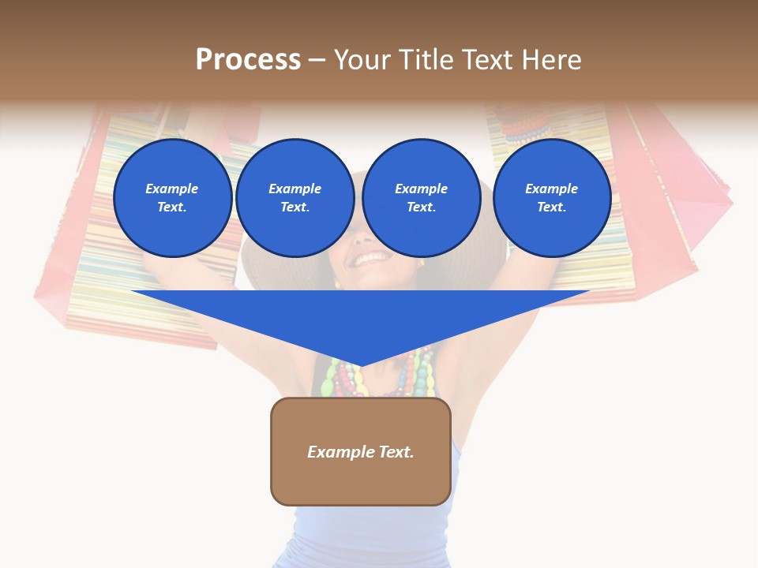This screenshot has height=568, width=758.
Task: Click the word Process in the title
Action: click(248, 60)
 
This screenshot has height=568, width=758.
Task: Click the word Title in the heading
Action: click(425, 60)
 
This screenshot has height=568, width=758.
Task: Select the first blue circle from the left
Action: click(172, 198)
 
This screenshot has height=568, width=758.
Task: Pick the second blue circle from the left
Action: click(295, 198)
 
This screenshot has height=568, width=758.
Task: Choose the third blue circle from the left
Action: click(421, 198)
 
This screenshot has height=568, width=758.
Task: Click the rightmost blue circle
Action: click(551, 198)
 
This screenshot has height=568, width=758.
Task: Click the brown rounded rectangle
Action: click(361, 451)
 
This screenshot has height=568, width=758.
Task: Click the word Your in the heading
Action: click(362, 60)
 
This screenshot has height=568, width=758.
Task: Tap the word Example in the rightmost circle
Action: click(551, 189)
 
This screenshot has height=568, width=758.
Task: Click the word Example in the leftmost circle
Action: click(172, 189)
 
